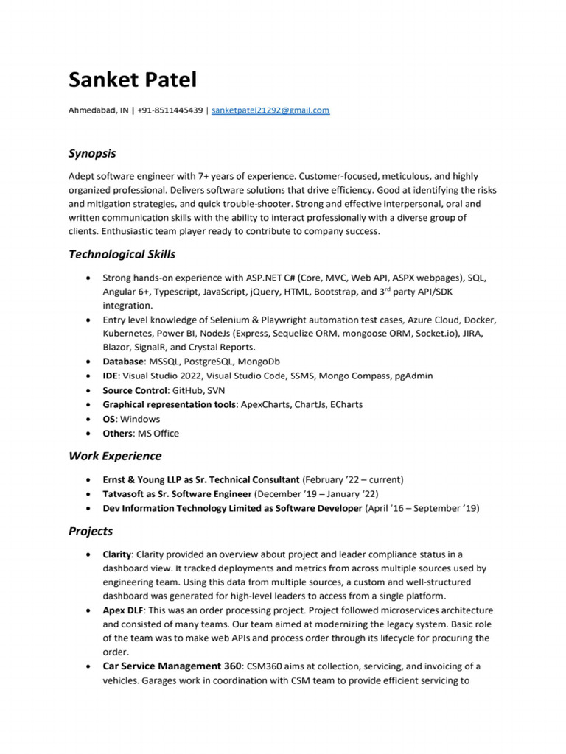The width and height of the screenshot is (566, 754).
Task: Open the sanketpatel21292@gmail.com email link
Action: click(270, 110)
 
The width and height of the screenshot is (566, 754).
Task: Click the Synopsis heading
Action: click(92, 154)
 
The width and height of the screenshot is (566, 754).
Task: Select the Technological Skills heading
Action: click(122, 254)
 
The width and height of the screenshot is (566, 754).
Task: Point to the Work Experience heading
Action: click(115, 456)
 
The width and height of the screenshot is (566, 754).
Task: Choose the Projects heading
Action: click(91, 531)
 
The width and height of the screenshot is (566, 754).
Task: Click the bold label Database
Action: click(123, 362)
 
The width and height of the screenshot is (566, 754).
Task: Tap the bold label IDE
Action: click(111, 376)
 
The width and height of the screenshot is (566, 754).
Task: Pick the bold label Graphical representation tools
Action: click(170, 404)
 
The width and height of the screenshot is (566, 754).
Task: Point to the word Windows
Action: click(140, 419)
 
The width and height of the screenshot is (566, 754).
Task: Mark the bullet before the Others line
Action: click(88, 434)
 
